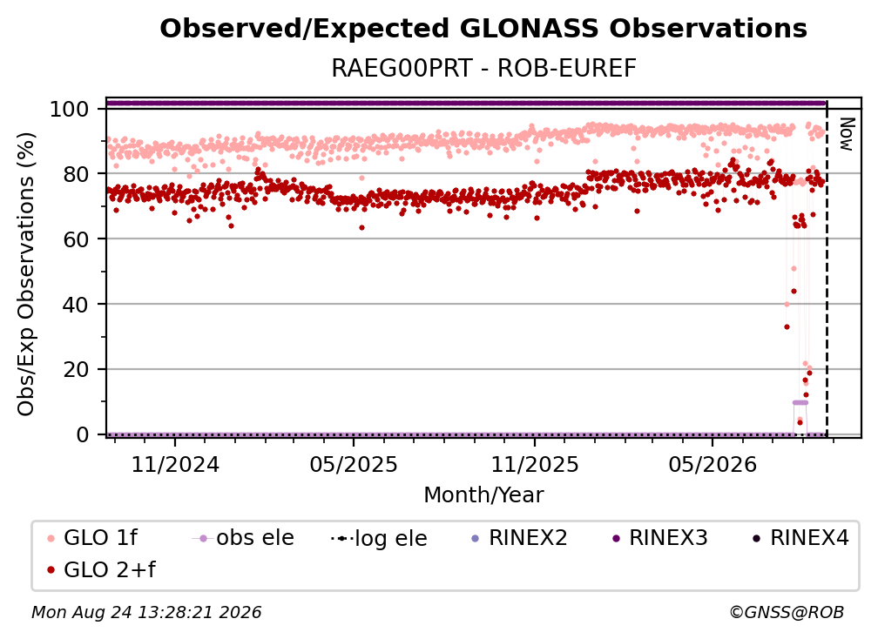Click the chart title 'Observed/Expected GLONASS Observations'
pos(483,29)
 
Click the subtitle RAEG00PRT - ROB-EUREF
pos(483,69)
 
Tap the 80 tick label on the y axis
pos(76,174)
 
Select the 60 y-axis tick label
pos(76,239)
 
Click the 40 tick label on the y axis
pos(76,305)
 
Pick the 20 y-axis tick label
pos(76,369)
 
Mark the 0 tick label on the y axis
pos(83,434)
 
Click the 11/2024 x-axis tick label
pos(175,464)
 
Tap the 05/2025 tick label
pos(354,464)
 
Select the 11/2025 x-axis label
pos(535,464)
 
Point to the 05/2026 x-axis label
pos(713,464)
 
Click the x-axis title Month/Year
pos(483,495)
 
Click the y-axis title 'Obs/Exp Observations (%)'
pos(26,273)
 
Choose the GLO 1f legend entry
pos(92,538)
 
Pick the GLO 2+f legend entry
pos(101,570)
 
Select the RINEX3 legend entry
pos(660,538)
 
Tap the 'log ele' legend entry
pos(379,538)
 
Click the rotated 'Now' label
pos(846,134)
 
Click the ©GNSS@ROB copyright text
pos(787,612)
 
